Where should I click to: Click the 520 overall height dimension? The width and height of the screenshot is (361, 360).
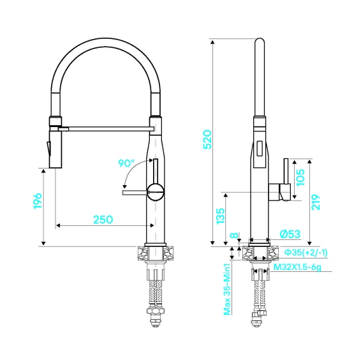tap(207, 139)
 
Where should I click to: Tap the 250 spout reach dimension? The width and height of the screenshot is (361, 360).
tap(103, 220)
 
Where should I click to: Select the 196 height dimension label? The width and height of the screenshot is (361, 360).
tap(38, 201)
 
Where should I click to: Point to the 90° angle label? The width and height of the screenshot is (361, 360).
tap(126, 163)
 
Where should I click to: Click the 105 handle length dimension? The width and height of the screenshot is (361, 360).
tap(300, 177)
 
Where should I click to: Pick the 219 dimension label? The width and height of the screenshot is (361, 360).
tap(316, 202)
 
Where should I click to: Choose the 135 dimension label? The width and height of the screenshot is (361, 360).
tap(220, 216)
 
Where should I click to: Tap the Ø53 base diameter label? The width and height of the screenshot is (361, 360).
tap(290, 234)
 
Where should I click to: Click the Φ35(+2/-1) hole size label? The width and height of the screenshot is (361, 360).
tap(306, 253)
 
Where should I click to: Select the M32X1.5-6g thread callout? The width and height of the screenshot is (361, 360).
tap(297, 267)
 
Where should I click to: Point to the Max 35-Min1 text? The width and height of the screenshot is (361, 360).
tap(227, 289)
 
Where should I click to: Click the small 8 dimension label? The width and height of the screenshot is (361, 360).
tap(234, 235)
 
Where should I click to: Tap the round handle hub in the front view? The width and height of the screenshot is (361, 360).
tap(156, 191)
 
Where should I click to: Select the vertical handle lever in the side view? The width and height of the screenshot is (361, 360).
tap(286, 171)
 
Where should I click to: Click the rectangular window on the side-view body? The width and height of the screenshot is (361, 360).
tap(260, 149)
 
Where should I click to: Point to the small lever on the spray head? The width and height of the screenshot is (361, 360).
tap(48, 149)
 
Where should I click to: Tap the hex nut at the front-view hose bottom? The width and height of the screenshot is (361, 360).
tap(156, 311)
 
